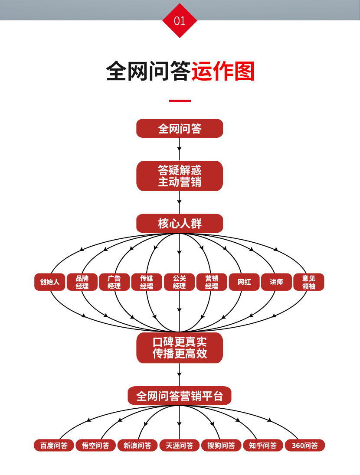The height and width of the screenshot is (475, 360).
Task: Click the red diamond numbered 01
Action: tap(180, 21)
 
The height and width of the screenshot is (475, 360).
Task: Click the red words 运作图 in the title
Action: tap(223, 72)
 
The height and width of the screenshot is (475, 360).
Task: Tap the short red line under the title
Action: tap(180, 101)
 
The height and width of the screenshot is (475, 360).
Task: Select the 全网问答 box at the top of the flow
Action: tap(180, 128)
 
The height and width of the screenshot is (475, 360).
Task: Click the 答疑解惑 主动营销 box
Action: tap(180, 176)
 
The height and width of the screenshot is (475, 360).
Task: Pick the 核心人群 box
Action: tap(180, 224)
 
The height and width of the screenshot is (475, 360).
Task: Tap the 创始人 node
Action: tap(50, 282)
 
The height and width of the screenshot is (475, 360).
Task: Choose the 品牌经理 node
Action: tap(82, 282)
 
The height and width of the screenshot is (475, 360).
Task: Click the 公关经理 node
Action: tap(179, 282)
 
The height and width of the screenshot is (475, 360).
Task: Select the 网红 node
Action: tap(244, 282)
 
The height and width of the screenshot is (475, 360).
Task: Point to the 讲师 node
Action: tap(276, 282)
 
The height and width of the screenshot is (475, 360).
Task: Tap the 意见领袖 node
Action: tap(309, 282)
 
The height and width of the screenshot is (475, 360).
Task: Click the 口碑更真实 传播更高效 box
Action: tap(180, 348)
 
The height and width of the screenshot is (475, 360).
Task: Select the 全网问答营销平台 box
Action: tap(180, 396)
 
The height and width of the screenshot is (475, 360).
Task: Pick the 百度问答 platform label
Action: tap(54, 446)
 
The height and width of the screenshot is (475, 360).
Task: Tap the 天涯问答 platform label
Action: tap(180, 446)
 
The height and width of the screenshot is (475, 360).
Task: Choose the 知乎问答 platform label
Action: tap(263, 446)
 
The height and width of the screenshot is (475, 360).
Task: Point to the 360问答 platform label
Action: tap(304, 446)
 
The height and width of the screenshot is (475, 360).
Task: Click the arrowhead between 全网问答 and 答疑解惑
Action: tap(179, 149)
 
